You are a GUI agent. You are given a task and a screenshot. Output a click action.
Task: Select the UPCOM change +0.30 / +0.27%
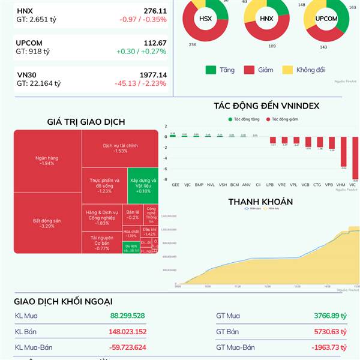pyautogui.click(x=142, y=52)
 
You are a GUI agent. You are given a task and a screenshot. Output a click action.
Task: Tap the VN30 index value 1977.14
pyautogui.click(x=152, y=75)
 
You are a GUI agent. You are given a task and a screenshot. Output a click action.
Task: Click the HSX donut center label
pyautogui.click(x=206, y=19)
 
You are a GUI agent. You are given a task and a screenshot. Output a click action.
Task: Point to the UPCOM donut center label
pyautogui.click(x=326, y=19)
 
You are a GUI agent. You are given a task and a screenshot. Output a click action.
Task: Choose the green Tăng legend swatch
pyautogui.click(x=211, y=70)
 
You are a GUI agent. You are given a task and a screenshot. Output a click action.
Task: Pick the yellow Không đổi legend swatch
pyautogui.click(x=287, y=70)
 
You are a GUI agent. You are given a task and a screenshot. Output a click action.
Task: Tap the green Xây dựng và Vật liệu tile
pyautogui.click(x=143, y=184)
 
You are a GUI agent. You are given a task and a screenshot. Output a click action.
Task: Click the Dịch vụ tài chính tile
pyautogui.click(x=120, y=148)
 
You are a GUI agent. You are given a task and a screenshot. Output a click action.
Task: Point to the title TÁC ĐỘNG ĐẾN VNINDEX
pyautogui.click(x=266, y=106)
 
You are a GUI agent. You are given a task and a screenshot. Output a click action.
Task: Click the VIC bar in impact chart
pyautogui.click(x=355, y=158)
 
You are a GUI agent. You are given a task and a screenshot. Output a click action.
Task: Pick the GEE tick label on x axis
pyautogui.click(x=175, y=185)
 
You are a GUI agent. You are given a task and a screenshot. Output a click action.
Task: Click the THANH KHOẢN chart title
pyautogui.click(x=260, y=202)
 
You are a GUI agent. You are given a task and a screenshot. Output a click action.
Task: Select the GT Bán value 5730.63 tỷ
pyautogui.click(x=331, y=332)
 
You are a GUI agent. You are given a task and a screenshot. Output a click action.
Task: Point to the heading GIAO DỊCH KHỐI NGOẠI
pyautogui.click(x=63, y=301)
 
